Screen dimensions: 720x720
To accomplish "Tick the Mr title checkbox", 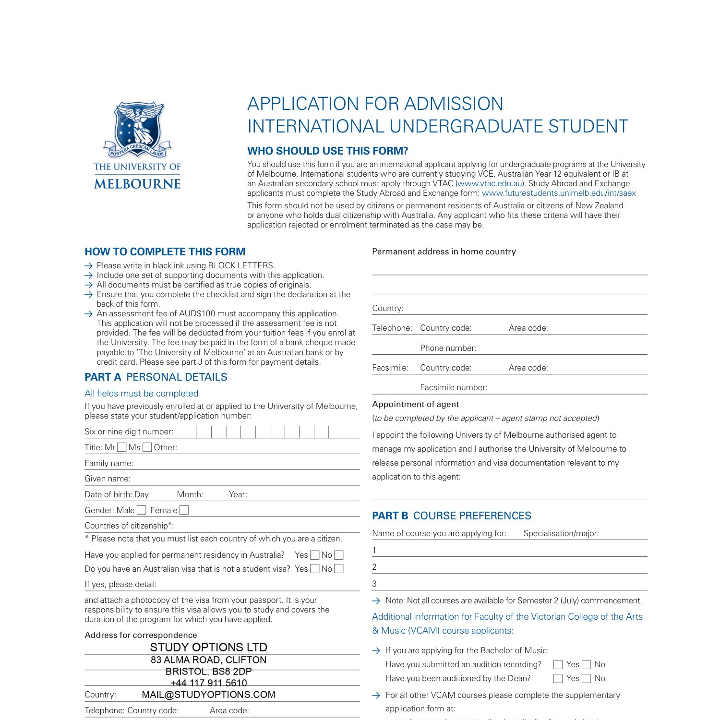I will [122, 447].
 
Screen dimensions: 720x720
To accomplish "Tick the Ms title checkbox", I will [147, 447].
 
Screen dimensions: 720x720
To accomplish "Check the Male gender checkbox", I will [141, 510].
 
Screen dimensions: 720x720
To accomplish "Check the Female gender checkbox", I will [184, 510].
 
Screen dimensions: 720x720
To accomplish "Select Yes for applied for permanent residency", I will [315, 555].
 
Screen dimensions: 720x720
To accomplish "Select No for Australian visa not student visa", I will [339, 569].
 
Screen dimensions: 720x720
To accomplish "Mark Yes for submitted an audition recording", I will [558, 665].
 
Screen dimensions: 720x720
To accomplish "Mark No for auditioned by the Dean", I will [586, 679].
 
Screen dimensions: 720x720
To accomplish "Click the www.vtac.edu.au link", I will [490, 183].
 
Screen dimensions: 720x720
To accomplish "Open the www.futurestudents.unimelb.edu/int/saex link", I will [558, 193].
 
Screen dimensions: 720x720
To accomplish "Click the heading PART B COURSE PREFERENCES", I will [451, 516].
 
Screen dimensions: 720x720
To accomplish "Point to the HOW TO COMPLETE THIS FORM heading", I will [165, 252].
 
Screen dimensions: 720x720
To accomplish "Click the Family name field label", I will [109, 463].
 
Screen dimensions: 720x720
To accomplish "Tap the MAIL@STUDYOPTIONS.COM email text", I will [208, 695].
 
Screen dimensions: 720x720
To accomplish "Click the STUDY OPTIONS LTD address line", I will [208, 647].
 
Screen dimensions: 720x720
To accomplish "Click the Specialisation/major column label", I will [561, 533].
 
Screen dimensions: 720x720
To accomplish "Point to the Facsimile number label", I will [453, 387].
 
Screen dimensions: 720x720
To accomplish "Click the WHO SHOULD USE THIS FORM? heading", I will [327, 151].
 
